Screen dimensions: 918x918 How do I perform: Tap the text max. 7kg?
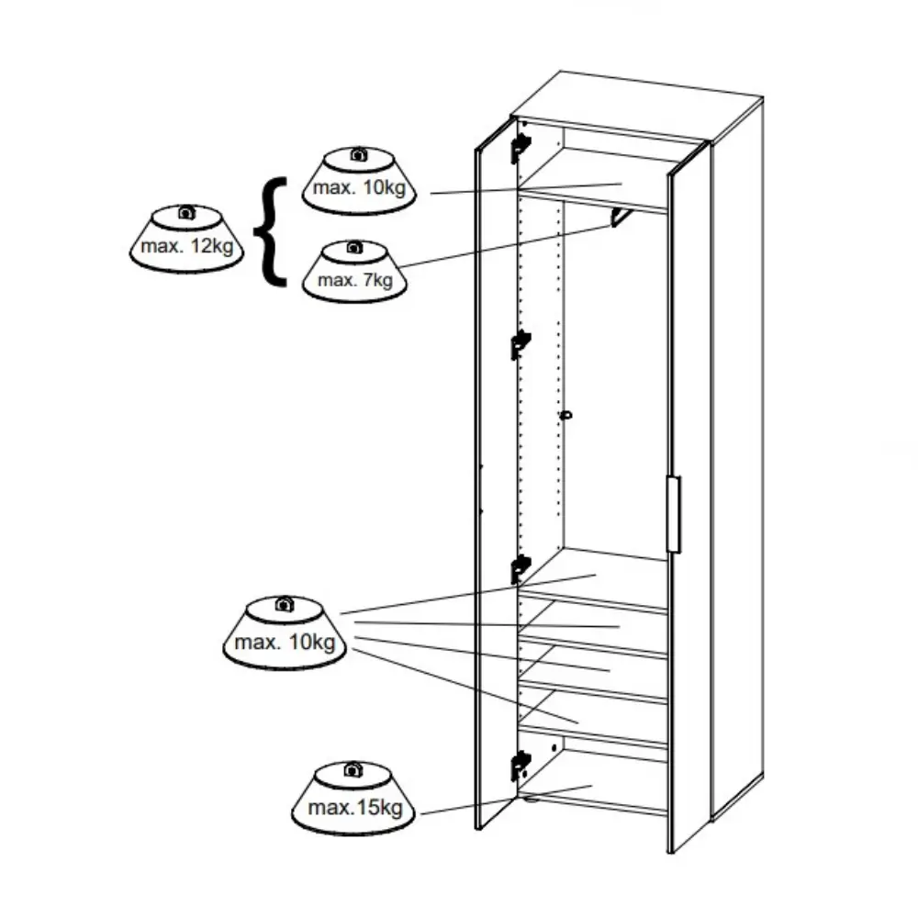355,280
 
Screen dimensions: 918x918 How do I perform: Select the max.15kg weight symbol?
353,798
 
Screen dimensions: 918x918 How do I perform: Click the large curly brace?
271,232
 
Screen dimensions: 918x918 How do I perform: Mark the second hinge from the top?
520,344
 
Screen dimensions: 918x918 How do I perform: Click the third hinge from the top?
520,569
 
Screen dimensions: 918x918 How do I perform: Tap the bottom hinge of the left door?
520,766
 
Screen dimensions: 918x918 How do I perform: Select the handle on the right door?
673,514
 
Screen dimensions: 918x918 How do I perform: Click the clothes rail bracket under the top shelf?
621,218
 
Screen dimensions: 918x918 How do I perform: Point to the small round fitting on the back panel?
565,416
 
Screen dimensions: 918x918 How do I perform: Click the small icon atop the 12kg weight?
186,212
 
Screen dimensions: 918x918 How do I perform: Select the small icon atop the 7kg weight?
353,247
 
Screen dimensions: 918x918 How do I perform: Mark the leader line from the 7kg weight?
505,246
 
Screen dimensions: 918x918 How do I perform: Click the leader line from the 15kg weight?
507,800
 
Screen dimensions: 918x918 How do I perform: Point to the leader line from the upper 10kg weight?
526,188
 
